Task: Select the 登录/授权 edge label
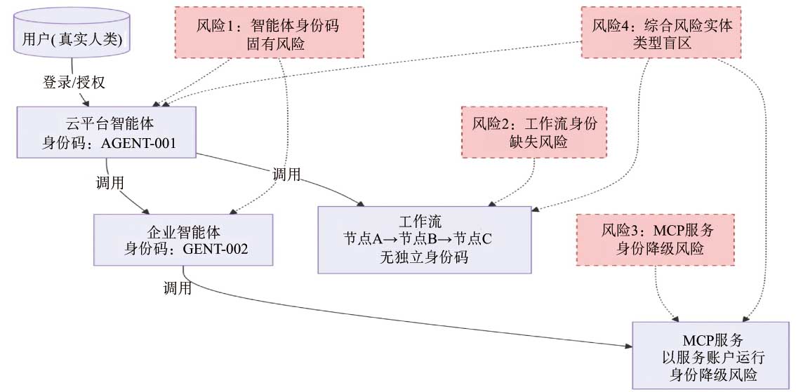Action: (x=74, y=82)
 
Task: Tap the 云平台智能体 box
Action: (x=107, y=133)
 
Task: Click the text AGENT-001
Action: (x=138, y=142)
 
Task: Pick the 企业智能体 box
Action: (x=183, y=239)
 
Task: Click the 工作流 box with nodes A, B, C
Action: (x=425, y=239)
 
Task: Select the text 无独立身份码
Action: (x=424, y=257)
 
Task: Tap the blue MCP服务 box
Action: (x=710, y=355)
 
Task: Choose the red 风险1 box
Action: (x=270, y=33)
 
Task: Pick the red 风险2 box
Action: (x=534, y=133)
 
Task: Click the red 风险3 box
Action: (x=656, y=239)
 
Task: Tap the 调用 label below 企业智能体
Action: (x=177, y=288)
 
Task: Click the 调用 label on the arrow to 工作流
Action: (x=287, y=175)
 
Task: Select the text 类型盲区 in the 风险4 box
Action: (x=662, y=43)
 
